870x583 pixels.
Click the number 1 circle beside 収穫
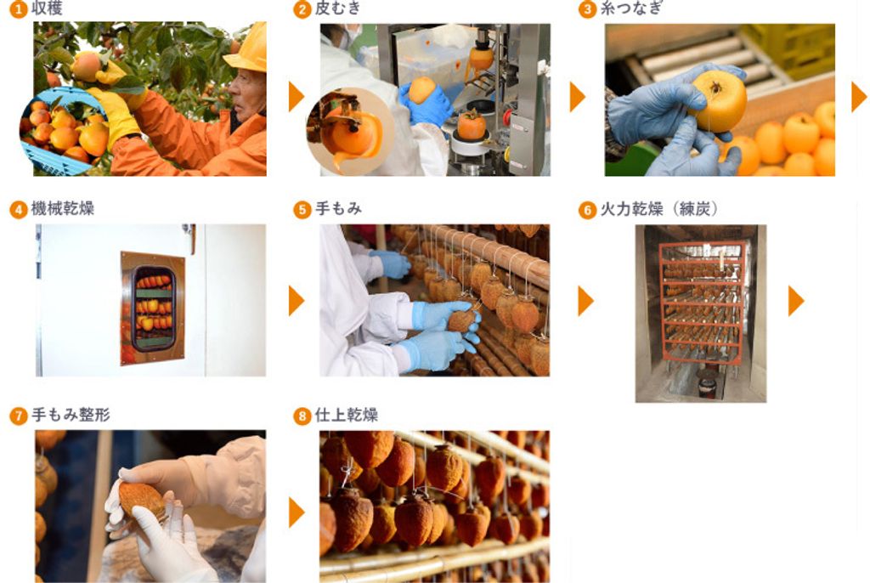click(x=19, y=9)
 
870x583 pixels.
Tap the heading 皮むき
click(x=338, y=8)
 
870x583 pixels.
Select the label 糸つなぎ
click(x=631, y=8)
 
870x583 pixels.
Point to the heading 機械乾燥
click(x=63, y=209)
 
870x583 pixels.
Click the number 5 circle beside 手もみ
click(x=302, y=210)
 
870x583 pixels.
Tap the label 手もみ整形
click(x=71, y=415)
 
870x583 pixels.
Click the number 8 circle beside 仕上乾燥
click(x=302, y=416)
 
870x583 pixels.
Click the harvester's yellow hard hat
click(x=247, y=48)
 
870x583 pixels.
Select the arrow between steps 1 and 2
click(x=297, y=97)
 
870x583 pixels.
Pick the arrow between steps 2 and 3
click(x=578, y=97)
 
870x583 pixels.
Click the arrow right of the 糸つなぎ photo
click(x=859, y=97)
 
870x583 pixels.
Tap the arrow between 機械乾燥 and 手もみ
click(x=297, y=301)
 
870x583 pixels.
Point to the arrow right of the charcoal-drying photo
click(x=796, y=301)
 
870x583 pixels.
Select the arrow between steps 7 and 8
click(x=297, y=512)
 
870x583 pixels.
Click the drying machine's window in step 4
click(x=153, y=308)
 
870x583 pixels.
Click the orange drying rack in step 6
click(x=702, y=303)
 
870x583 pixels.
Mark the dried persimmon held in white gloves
click(x=143, y=501)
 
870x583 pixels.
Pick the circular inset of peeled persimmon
click(x=350, y=132)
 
